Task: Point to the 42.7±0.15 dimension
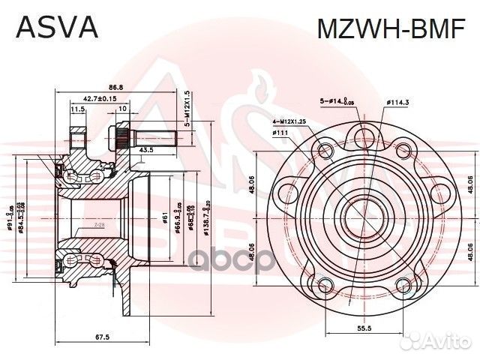pos(99,98)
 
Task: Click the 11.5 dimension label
pos(76,110)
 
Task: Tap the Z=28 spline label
pos(100,224)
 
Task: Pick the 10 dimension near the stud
pos(122,110)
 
